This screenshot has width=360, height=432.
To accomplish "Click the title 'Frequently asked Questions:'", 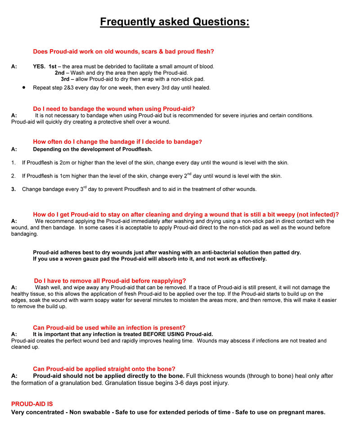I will point(175,22).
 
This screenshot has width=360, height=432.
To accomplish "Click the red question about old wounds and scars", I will point(123,52).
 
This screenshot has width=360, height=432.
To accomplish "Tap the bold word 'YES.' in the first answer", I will point(39,66).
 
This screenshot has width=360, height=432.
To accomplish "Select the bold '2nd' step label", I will point(60,73).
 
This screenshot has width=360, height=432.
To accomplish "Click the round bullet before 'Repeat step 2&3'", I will point(23,87).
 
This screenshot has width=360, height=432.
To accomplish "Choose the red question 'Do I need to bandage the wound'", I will point(114,109).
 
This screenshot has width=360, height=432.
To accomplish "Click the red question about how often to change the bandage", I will point(117,142).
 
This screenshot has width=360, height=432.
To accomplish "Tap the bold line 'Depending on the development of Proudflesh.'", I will point(93,149).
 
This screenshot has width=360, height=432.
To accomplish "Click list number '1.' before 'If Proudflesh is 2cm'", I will point(13,163).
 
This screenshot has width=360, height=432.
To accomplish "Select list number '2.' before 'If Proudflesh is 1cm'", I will point(13,176).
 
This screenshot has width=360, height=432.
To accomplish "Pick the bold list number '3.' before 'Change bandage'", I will point(13,190).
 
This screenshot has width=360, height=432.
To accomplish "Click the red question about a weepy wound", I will point(186,214).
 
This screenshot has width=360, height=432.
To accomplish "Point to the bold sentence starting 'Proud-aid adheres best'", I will point(167,253).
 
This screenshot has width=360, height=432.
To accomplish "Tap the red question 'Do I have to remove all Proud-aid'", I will point(110,281).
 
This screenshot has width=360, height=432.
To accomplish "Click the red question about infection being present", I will point(109,327).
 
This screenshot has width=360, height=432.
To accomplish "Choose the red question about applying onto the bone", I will point(104,368).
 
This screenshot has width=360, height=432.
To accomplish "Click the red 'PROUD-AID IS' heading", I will point(32,404).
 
